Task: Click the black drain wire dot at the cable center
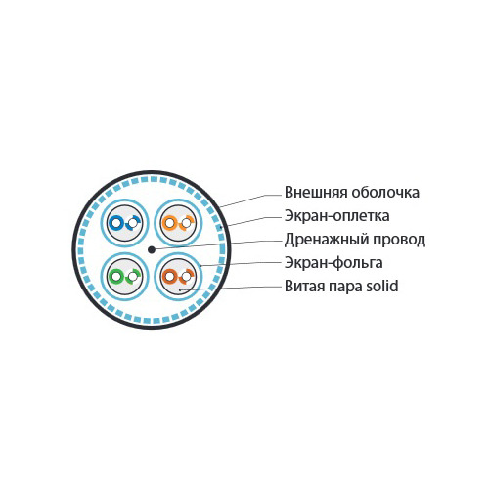coord(152,250)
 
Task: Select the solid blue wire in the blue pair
coord(115,223)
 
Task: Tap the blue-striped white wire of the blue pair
coord(133,223)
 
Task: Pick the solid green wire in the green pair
coord(115,277)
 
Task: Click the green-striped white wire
coord(133,277)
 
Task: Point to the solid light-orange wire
coord(169,223)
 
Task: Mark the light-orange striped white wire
coord(187,223)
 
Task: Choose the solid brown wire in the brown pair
coord(169,277)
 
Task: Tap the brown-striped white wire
coord(187,277)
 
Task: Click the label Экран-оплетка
coord(337,216)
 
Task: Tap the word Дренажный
coord(327,240)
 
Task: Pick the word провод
coord(399,240)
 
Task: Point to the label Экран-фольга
coord(333,263)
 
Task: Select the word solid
coord(382,286)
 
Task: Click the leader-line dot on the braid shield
coord(221,227)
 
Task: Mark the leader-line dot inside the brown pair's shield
coord(180,289)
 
